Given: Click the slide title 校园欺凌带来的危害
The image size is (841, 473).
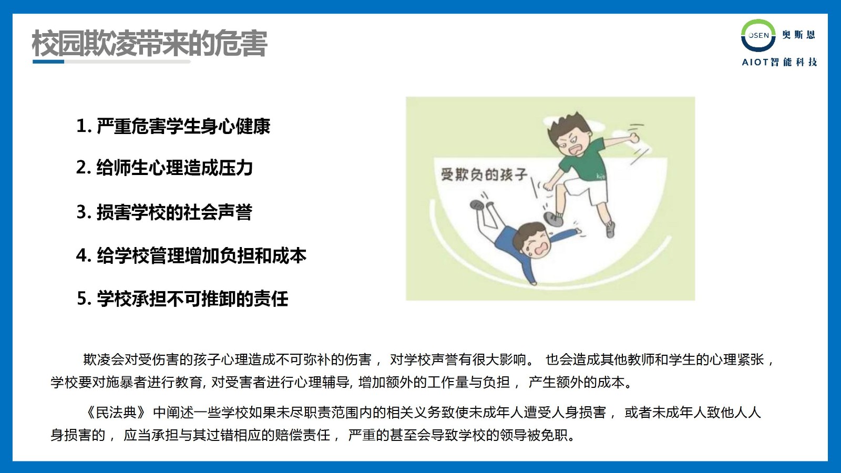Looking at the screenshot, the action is click(149, 44).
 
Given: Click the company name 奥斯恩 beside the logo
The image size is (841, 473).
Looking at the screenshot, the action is click(798, 35).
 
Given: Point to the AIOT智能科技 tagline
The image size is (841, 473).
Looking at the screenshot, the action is click(780, 62).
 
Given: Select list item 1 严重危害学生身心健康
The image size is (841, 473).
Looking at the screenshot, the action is click(173, 126).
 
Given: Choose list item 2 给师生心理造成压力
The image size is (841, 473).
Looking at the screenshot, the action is click(165, 168).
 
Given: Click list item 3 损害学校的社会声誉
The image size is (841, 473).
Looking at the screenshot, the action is click(165, 212).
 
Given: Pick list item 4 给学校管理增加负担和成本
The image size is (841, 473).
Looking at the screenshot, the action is click(191, 255).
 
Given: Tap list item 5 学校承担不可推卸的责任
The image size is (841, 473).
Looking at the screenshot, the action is click(182, 299).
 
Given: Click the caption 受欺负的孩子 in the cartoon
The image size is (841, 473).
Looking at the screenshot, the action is click(484, 174).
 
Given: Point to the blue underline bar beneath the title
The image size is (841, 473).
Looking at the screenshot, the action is click(48, 61).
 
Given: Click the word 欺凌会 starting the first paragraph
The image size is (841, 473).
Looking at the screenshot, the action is click(103, 359).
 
